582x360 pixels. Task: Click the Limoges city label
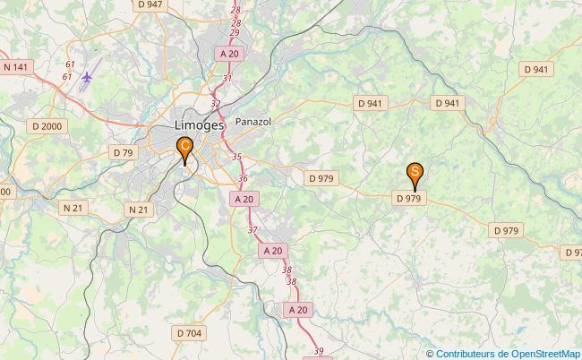pyautogui.click(x=193, y=125)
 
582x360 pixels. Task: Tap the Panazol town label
pyautogui.click(x=252, y=121)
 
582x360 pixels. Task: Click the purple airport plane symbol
pyautogui.click(x=87, y=79)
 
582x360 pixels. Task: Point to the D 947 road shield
pyautogui.click(x=150, y=4)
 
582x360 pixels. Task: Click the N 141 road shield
pyautogui.click(x=16, y=66)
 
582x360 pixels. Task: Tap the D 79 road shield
pyautogui.click(x=124, y=152)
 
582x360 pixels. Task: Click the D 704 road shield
pyautogui.click(x=189, y=333)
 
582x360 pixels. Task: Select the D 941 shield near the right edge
pyautogui.click(x=535, y=69)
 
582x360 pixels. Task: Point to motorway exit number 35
pyautogui.click(x=236, y=157)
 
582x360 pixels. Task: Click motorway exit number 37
pyautogui.click(x=252, y=231)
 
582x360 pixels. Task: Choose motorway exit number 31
pyautogui.click(x=227, y=79)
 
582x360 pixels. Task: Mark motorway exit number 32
pyautogui.click(x=216, y=104)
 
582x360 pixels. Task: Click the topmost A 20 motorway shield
pyautogui.click(x=230, y=54)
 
